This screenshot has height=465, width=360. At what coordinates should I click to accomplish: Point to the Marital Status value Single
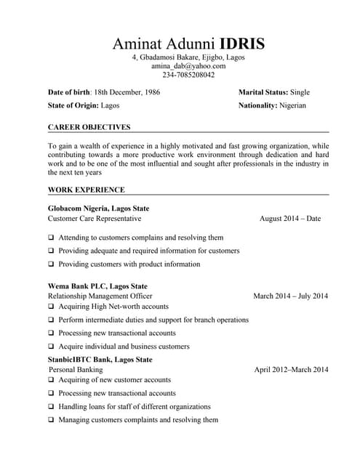click(300, 93)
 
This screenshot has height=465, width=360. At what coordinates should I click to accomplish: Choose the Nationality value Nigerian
click(293, 105)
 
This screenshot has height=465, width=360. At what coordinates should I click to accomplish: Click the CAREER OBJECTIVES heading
click(89, 127)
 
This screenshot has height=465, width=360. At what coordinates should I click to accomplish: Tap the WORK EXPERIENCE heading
click(86, 190)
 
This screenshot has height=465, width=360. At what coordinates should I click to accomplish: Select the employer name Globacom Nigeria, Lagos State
click(98, 209)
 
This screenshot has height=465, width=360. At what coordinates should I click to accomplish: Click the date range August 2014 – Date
click(289, 218)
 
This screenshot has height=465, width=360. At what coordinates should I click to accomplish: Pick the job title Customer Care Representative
click(95, 218)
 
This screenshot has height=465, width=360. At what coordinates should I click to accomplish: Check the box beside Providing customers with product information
click(52, 264)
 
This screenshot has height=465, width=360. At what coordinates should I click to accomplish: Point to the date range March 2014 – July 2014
click(290, 296)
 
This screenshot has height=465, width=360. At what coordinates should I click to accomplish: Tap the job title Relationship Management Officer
click(100, 296)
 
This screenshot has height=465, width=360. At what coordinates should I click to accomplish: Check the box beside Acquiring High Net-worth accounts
click(52, 307)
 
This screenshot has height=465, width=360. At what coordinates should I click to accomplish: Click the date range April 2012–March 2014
click(291, 370)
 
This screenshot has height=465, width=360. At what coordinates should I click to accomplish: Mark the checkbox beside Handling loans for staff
click(52, 407)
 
